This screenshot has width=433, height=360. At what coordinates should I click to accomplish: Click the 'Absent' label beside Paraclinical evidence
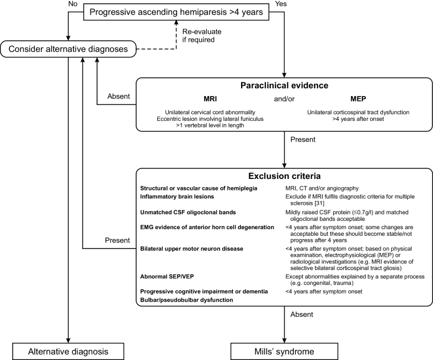tap(118, 96)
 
